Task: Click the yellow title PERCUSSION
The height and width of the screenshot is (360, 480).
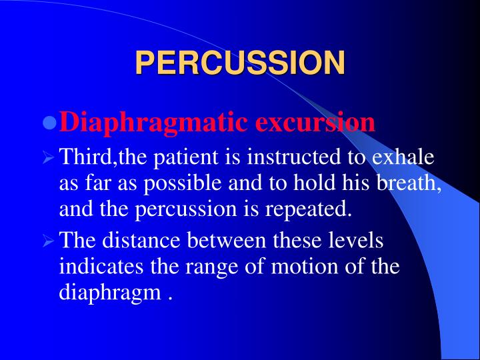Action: point(240,63)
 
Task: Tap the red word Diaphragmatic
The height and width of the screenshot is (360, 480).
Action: point(155,122)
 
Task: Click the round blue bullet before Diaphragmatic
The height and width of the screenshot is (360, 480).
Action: point(48,124)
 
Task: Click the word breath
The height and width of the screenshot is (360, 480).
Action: point(411,183)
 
